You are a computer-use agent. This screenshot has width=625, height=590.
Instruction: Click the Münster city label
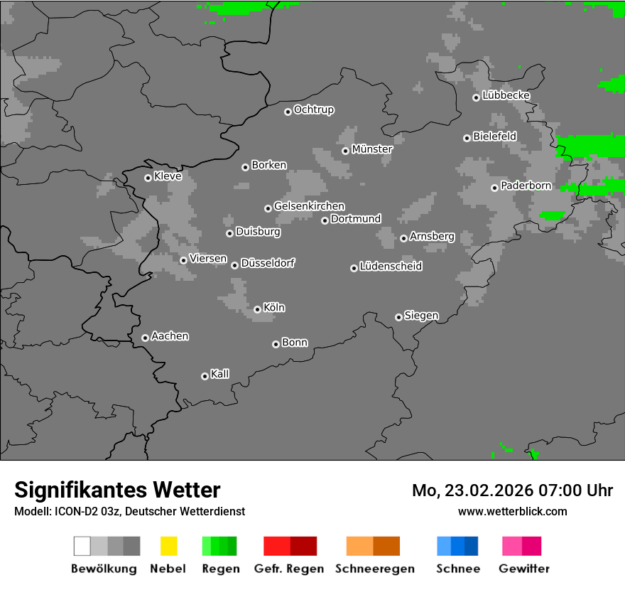click(372, 149)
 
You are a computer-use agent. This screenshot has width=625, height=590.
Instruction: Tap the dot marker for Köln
click(257, 309)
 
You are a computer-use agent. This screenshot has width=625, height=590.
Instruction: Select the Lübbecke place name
click(506, 95)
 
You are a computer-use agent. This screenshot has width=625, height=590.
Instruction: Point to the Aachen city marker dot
click(145, 338)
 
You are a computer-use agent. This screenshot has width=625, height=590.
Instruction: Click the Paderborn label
click(526, 186)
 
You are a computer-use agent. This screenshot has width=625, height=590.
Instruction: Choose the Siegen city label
click(421, 316)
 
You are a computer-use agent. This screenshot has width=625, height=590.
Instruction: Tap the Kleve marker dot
click(148, 178)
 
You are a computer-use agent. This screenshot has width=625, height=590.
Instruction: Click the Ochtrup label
click(314, 109)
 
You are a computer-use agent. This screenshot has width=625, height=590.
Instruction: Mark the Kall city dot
click(205, 376)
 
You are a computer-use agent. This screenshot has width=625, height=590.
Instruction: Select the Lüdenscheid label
click(391, 267)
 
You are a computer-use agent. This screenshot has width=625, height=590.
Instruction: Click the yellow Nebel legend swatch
click(168, 546)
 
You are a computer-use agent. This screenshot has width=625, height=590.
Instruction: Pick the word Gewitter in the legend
click(524, 569)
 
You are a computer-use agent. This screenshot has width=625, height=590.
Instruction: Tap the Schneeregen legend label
click(374, 569)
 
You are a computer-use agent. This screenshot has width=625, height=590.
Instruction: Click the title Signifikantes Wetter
click(117, 490)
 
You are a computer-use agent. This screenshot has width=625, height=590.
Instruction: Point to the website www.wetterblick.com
click(512, 511)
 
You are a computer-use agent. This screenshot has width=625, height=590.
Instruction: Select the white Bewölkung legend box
click(82, 546)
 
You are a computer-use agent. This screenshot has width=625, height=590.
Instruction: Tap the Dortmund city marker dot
click(325, 220)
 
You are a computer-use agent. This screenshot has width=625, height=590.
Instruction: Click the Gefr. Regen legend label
click(289, 569)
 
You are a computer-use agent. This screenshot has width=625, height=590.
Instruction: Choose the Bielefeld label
click(494, 136)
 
